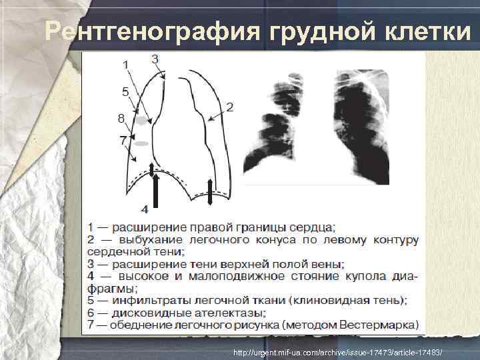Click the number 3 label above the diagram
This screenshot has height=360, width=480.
tap(155, 59)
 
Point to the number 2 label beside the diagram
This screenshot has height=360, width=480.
tap(229, 107)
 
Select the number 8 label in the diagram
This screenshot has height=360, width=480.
tap(121, 119)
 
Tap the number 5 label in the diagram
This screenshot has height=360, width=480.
tap(125, 91)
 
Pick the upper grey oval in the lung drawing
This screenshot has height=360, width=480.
tap(142, 120)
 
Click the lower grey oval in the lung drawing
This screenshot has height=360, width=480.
tap(141, 143)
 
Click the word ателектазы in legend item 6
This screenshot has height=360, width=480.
tap(231, 313)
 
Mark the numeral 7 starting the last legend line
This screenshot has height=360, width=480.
tap(90, 325)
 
